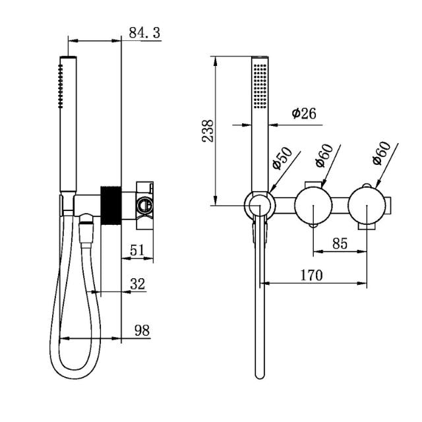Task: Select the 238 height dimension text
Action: point(208,131)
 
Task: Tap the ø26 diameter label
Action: point(303,113)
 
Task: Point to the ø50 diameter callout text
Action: point(282,157)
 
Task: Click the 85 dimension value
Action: point(339,243)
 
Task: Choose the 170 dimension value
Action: point(312,275)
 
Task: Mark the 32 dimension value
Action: point(137,284)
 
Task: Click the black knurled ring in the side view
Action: point(110,205)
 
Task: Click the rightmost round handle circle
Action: point(367,205)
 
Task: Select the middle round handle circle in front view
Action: point(312,205)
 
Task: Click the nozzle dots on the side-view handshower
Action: point(61,86)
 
